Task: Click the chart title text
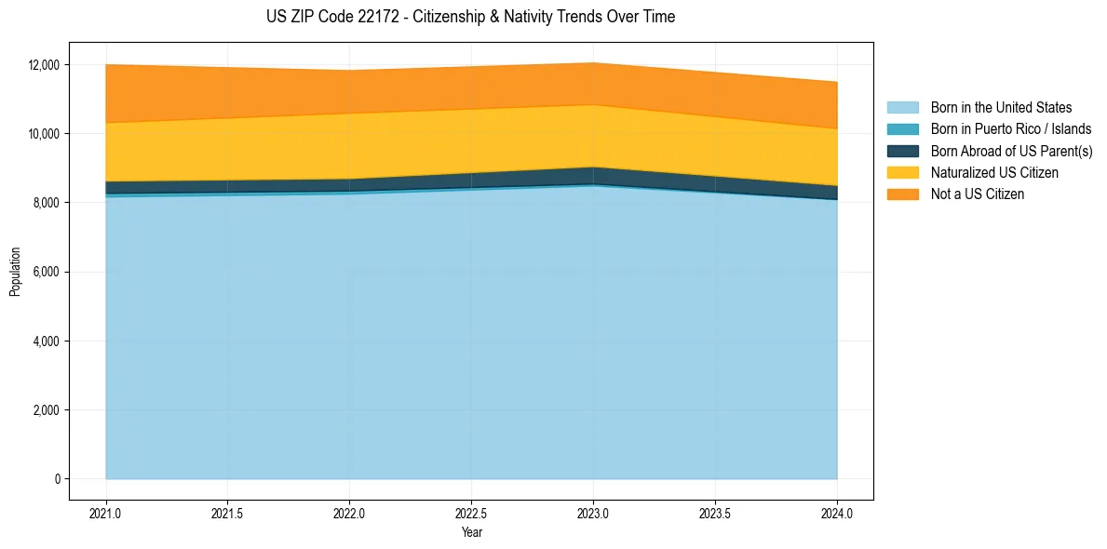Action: pos(470,17)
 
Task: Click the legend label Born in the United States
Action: pos(1001,108)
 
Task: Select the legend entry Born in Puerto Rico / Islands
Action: pos(1011,129)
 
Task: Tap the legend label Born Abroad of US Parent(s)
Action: pos(1011,151)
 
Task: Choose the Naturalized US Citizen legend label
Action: pos(994,173)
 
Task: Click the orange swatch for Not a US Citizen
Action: pos(902,194)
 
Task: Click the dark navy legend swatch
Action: pos(902,151)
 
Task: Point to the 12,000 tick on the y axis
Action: pos(45,65)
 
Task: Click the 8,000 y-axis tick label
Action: pos(47,203)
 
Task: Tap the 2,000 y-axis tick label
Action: pos(47,410)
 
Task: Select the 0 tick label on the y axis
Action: pos(58,479)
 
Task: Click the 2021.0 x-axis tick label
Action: pos(106,513)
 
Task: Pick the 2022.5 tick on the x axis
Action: pos(471,513)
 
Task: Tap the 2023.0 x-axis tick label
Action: pos(593,513)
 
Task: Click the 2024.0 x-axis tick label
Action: pos(837,513)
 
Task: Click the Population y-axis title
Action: pos(15,272)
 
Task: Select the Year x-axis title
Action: pos(471,532)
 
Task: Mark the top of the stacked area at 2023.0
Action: pos(593,63)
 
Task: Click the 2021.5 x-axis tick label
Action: pos(228,513)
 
